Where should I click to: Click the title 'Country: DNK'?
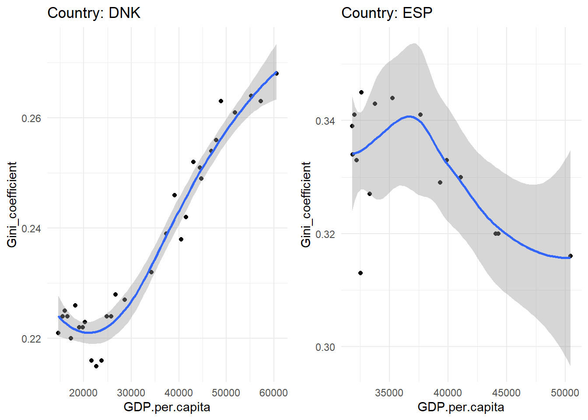tap(94, 13)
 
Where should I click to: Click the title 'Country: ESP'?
tap(387, 13)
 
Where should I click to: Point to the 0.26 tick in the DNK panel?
tap(31, 119)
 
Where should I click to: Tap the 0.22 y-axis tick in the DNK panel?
tap(31, 339)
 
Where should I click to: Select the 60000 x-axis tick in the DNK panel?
tap(273, 392)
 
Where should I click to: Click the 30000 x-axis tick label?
tap(131, 392)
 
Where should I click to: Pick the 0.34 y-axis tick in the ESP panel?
tap(325, 121)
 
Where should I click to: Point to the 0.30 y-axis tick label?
tap(325, 347)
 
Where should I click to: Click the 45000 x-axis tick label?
tap(506, 392)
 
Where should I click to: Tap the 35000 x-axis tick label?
tap(389, 392)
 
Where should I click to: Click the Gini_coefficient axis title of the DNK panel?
tap(12, 204)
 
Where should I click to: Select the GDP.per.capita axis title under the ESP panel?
tap(461, 407)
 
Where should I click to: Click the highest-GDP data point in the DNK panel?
tap(276, 73)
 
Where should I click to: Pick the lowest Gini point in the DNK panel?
tap(96, 366)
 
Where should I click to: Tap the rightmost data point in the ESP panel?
tap(570, 256)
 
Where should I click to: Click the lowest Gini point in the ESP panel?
tap(360, 273)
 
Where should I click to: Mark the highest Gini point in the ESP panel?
tap(361, 92)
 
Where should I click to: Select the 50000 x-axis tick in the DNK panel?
tap(226, 392)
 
